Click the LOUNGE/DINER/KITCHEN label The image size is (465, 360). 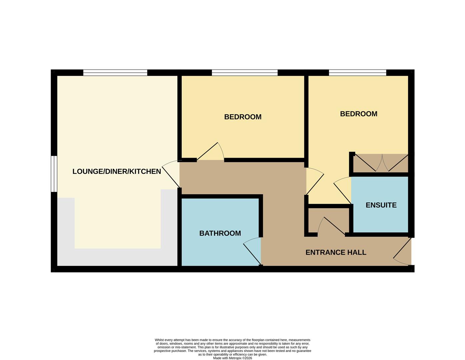tap(117, 171)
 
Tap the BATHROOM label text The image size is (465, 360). tap(220, 233)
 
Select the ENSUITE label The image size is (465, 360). tap(381, 205)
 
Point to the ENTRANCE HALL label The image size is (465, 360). tap(336, 252)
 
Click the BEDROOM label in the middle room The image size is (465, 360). tap(243, 117)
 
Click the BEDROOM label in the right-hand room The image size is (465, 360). tap(358, 114)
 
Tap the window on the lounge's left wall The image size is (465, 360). tap(54, 174)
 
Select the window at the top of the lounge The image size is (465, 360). tap(115, 73)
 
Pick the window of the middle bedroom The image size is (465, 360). tap(245, 73)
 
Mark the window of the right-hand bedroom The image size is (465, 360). tap(357, 73)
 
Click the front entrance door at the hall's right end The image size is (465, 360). tap(403, 253)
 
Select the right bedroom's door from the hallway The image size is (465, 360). tap(315, 182)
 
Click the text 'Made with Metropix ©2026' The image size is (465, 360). tap(232, 358)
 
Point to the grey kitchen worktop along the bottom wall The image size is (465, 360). tap(117, 257)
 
